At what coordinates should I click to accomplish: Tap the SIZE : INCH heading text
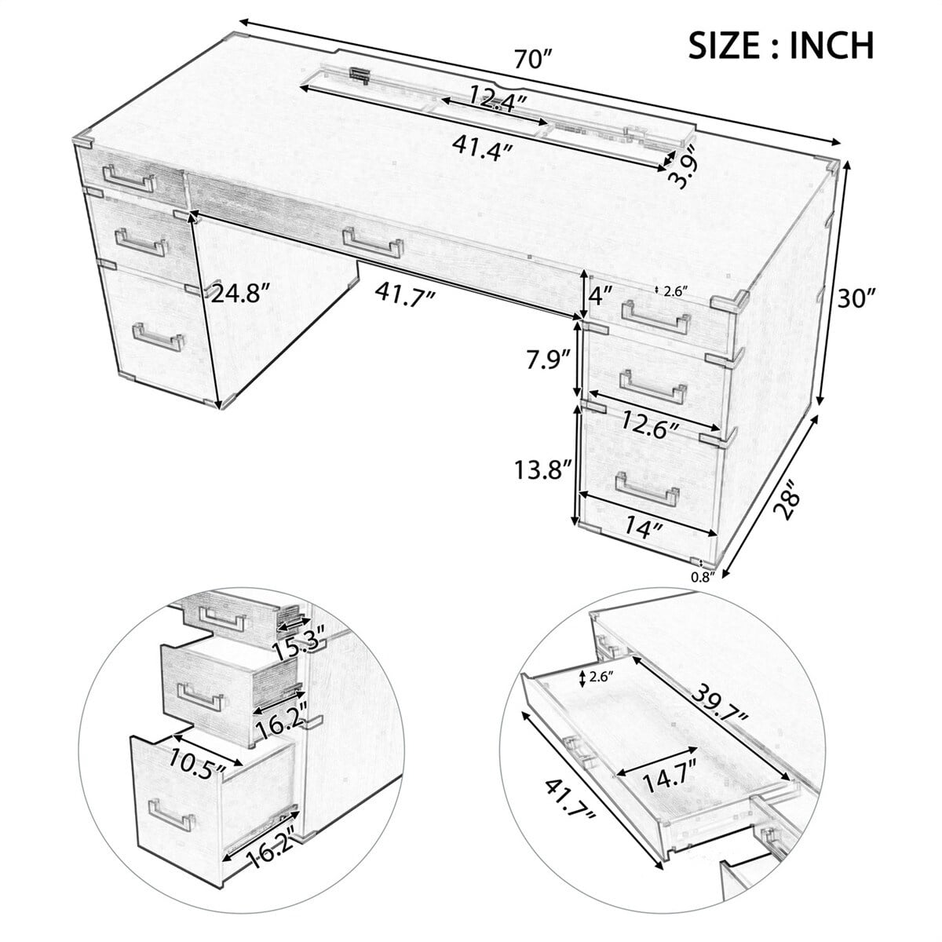[x=780, y=45]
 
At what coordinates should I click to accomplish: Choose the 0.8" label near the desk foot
[x=702, y=578]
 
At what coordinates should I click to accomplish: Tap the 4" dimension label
[x=599, y=297]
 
